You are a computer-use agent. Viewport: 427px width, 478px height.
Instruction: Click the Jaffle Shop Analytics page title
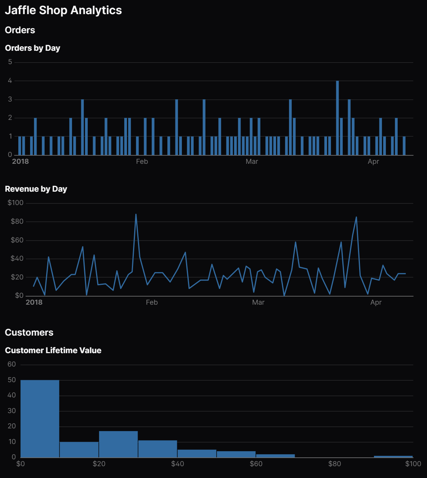click(63, 10)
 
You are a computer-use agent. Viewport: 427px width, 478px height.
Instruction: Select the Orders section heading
click(20, 30)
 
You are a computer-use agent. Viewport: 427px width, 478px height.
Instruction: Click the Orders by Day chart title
click(32, 48)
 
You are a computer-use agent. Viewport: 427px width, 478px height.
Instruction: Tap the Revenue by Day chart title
click(36, 189)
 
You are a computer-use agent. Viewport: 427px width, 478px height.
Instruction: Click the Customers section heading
click(29, 333)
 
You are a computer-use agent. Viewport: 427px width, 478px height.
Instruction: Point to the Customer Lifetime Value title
click(53, 350)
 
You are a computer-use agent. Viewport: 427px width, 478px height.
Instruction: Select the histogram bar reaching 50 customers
click(40, 418)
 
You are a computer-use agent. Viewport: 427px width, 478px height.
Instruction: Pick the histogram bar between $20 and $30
click(118, 444)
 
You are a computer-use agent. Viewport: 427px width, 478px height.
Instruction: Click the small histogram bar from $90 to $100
click(393, 457)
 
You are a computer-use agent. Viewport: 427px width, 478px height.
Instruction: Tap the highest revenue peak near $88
click(136, 215)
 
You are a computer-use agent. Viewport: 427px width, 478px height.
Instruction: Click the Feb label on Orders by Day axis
click(142, 161)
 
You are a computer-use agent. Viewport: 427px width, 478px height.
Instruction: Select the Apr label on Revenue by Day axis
click(376, 302)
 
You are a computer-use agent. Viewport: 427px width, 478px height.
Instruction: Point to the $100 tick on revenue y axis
click(16, 203)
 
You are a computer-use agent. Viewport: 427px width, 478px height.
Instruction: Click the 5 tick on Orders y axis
click(10, 62)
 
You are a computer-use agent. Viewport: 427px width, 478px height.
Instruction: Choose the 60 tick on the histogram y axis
click(12, 364)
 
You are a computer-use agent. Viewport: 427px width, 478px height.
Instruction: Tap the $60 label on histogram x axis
click(256, 464)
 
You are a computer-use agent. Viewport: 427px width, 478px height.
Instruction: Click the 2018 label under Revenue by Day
click(34, 302)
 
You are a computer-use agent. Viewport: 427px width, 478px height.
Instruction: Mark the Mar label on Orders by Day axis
click(252, 161)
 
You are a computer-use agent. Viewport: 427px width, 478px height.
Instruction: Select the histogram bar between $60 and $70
click(275, 456)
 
